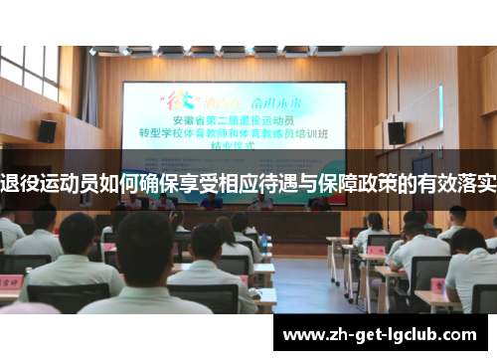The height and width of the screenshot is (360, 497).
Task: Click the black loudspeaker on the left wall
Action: pyautogui.click(x=47, y=130)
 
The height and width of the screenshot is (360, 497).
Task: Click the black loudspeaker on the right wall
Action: pyautogui.click(x=396, y=132)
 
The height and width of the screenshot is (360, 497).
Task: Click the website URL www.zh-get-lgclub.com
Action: pyautogui.click(x=383, y=334)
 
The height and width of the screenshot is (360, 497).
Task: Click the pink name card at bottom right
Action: pyautogui.click(x=438, y=285)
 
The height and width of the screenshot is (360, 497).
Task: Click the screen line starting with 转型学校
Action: pyautogui.click(x=247, y=136)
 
